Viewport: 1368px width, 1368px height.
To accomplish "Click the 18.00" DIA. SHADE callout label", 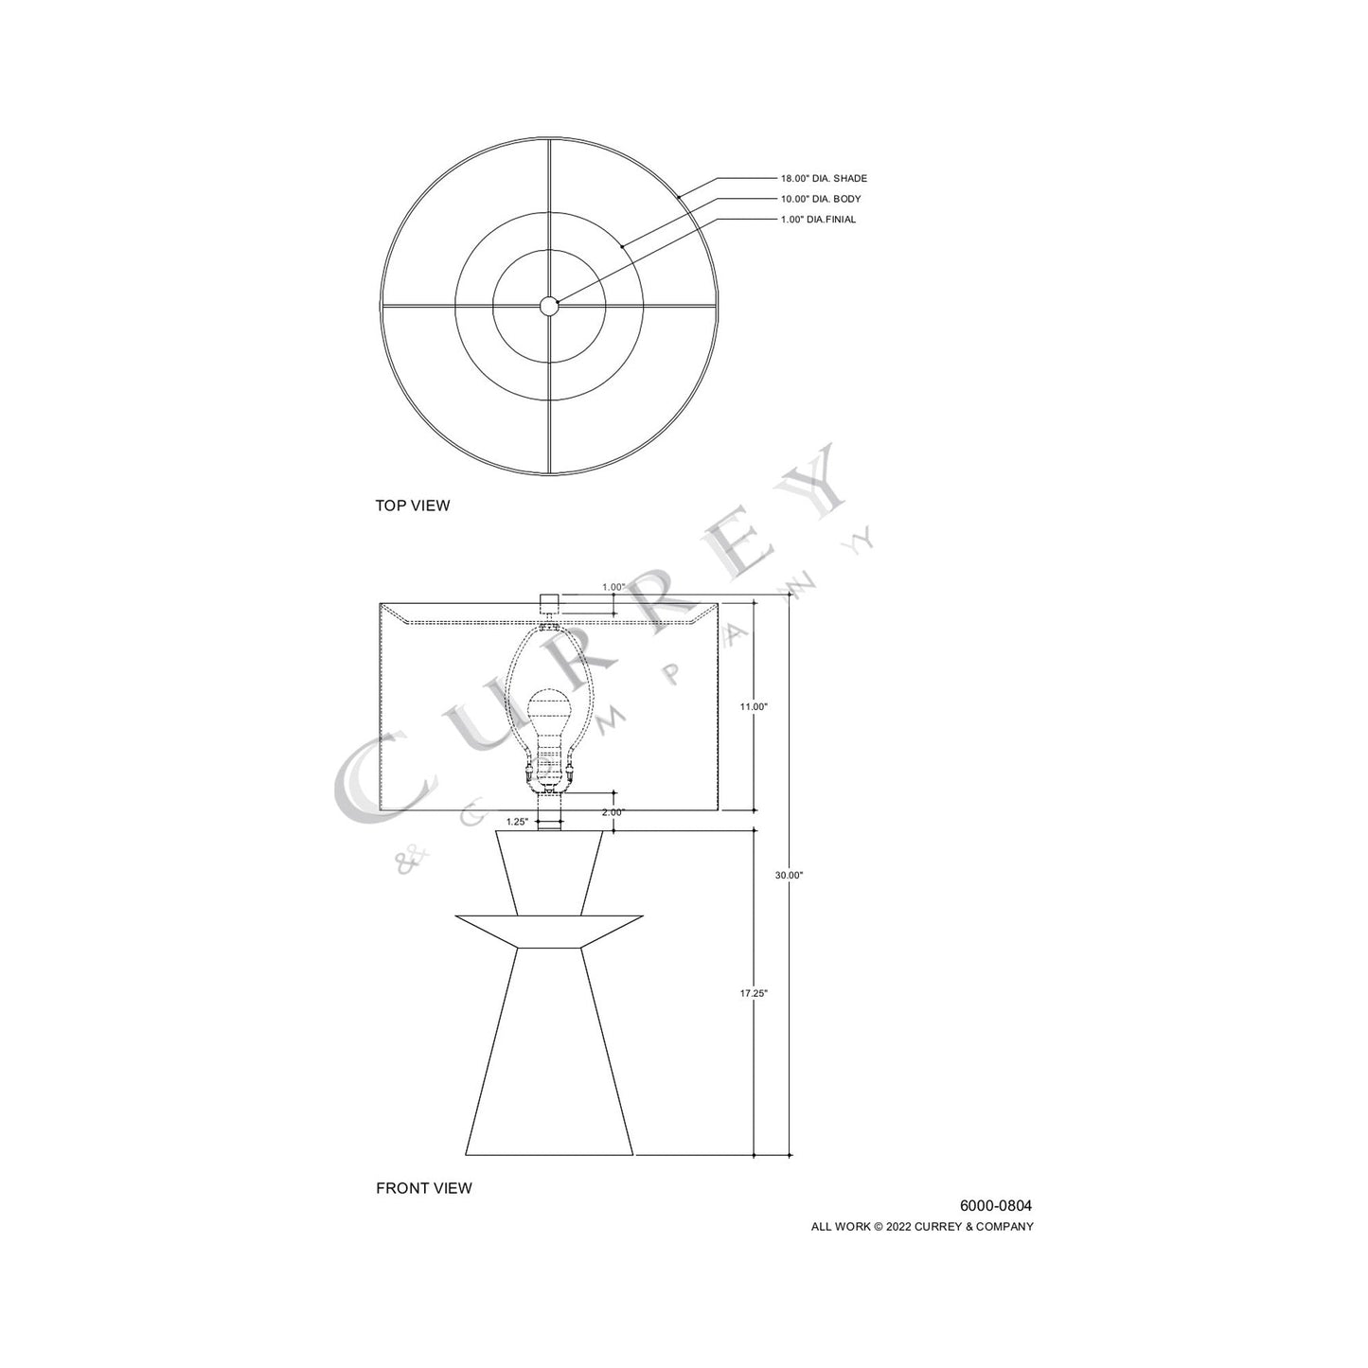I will coord(823,178).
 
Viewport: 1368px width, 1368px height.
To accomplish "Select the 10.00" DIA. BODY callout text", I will coord(820,199).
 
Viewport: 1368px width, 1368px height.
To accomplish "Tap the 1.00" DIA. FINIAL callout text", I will coord(817,220).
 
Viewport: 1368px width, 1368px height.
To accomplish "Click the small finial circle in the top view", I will coord(549,305).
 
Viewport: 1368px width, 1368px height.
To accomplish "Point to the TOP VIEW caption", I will coord(413,506).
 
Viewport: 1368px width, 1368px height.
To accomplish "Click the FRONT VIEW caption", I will coord(423,1188).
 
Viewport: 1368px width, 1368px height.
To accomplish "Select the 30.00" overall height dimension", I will coord(789,876).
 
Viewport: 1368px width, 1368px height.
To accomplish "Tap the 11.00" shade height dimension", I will coord(754,706).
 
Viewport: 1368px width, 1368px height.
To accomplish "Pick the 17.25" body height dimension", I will coord(754,993).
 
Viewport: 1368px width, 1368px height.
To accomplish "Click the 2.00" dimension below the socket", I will coord(613,812).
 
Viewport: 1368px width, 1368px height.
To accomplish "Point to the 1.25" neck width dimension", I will coord(517,822).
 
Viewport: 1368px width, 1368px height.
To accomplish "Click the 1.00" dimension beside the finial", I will coord(613,587).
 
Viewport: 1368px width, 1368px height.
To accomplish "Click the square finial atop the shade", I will coord(549,602).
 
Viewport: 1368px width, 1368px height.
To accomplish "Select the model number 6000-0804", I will coord(996,1206).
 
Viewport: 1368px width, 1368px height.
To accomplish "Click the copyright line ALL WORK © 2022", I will coord(922,1227).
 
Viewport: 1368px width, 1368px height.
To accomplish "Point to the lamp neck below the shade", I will coord(549,820).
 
